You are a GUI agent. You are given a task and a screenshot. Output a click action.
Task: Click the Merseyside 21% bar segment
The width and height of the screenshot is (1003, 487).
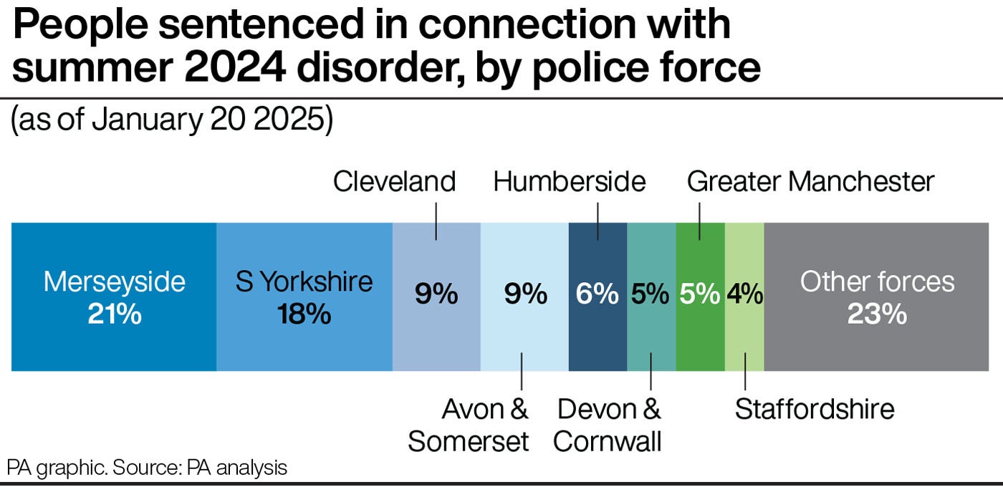(x=114, y=296)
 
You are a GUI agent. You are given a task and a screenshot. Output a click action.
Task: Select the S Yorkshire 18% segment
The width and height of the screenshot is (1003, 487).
(x=304, y=296)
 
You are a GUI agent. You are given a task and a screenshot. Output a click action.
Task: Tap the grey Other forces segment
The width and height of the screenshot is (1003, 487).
(x=876, y=296)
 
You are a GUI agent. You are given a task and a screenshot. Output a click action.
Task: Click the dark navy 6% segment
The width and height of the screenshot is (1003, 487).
(x=598, y=296)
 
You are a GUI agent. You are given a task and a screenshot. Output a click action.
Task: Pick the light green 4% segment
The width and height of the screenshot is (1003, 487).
(x=744, y=296)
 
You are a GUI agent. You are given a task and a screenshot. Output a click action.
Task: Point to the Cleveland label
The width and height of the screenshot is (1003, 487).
(x=395, y=182)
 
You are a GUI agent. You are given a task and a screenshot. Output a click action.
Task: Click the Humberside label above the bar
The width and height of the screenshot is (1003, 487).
(x=570, y=182)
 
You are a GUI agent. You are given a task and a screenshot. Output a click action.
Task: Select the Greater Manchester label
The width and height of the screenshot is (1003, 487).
(x=810, y=182)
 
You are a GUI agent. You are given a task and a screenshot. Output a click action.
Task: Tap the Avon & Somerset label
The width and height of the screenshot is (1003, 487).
(x=469, y=425)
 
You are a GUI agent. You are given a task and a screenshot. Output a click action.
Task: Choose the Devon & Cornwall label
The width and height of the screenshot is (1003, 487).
(x=608, y=425)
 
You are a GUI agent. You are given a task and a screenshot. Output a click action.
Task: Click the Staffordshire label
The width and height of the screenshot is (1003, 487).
(x=815, y=409)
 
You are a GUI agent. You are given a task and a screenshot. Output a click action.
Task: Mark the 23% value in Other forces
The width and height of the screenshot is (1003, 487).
(x=877, y=314)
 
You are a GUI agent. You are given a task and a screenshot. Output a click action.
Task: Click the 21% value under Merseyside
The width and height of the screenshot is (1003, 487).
(x=115, y=314)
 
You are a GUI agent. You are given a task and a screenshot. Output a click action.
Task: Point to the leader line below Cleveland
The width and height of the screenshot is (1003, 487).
(x=436, y=221)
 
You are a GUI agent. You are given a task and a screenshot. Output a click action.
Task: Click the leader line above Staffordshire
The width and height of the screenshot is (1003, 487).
(x=745, y=372)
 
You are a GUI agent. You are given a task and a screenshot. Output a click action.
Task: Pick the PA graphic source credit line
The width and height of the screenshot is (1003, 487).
(x=147, y=468)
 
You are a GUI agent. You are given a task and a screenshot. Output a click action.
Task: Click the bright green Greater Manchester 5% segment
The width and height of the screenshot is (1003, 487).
(x=701, y=296)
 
